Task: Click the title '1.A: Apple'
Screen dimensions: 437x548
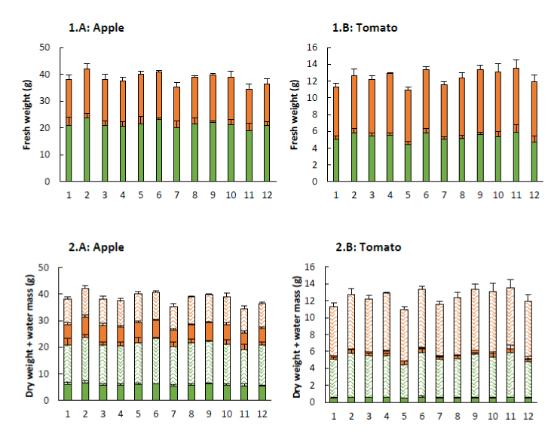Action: (96, 29)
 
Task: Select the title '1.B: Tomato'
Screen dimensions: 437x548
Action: (365, 28)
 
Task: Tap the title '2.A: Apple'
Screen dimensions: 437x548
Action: (96, 246)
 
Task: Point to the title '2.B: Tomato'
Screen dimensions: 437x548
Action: (366, 246)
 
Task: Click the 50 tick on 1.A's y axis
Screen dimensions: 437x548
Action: (47, 47)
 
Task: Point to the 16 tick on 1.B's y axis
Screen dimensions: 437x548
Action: (315, 47)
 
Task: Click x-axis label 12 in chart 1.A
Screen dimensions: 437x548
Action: (266, 195)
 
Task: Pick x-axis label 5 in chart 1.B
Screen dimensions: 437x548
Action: (408, 195)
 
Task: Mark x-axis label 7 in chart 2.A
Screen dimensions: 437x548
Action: (176, 414)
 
